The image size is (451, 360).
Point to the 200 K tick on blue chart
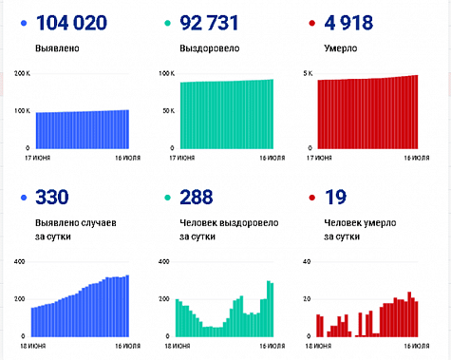[x=20, y=73]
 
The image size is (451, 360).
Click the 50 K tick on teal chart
[x=166, y=111]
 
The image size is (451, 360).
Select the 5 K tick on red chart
[x=308, y=73]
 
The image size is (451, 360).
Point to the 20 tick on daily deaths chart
[x=305, y=299]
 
